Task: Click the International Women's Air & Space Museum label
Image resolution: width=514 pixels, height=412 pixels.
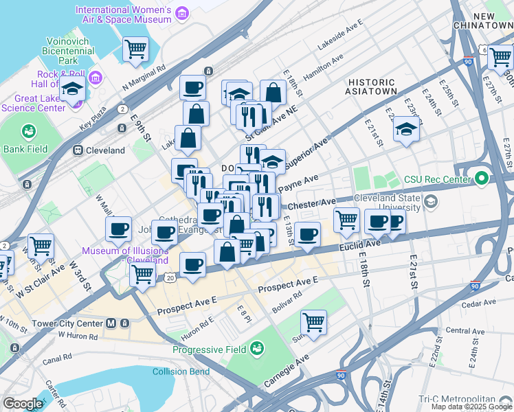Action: point(123,14)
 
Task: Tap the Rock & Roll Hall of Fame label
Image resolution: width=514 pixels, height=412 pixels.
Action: point(60,79)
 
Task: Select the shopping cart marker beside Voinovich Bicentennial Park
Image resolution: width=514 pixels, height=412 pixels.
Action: point(135,49)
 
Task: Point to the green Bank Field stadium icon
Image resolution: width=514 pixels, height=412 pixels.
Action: point(29,130)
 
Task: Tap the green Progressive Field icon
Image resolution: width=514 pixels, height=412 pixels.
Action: point(257,350)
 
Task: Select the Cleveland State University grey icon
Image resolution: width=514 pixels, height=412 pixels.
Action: point(431,202)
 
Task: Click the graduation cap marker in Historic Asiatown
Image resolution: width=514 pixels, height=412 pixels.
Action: point(406,129)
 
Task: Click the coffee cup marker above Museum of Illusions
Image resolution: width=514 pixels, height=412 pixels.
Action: point(119,229)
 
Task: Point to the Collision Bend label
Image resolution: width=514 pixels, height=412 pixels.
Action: point(181,372)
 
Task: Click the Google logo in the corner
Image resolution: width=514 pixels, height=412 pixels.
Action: point(23,404)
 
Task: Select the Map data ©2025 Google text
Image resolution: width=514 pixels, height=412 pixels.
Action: point(471,406)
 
